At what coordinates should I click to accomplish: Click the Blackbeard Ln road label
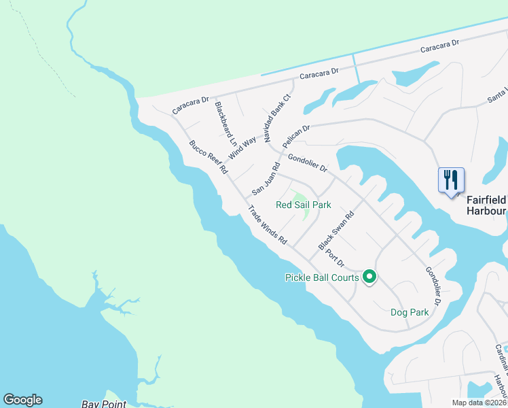[x=225, y=124]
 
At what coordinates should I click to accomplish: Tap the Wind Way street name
[x=242, y=147]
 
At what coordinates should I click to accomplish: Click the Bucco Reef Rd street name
[x=207, y=157]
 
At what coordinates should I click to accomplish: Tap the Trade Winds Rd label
[x=268, y=225]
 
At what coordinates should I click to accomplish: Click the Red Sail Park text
[x=303, y=204]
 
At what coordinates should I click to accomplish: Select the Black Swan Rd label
[x=337, y=231]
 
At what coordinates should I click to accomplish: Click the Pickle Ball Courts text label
[x=322, y=277]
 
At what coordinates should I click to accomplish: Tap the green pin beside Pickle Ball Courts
[x=369, y=277]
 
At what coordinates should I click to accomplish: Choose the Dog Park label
[x=410, y=312]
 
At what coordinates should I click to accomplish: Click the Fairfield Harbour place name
[x=486, y=205]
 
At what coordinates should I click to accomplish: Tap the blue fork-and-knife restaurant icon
[x=451, y=181]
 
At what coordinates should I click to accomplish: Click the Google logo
[x=22, y=400]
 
